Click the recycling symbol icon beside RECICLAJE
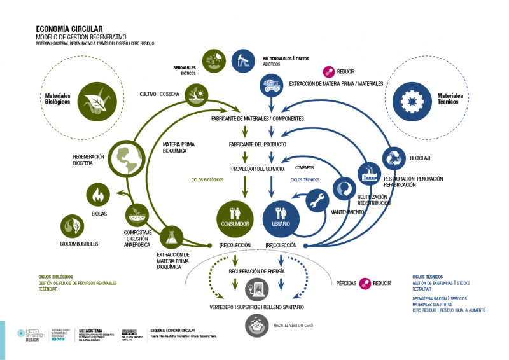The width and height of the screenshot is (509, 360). click(x=394, y=156)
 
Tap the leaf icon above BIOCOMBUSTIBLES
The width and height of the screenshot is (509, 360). click(x=72, y=226)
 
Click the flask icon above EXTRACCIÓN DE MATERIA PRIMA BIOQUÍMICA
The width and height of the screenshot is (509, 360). click(x=172, y=238)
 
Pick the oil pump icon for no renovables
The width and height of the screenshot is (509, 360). click(x=242, y=61)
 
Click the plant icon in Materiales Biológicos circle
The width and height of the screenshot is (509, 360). click(x=95, y=100)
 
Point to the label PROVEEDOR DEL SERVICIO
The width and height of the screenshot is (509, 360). click(x=256, y=169)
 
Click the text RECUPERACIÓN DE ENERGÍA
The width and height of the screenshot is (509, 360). click(x=257, y=271)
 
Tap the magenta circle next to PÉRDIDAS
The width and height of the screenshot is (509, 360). click(x=365, y=283)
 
